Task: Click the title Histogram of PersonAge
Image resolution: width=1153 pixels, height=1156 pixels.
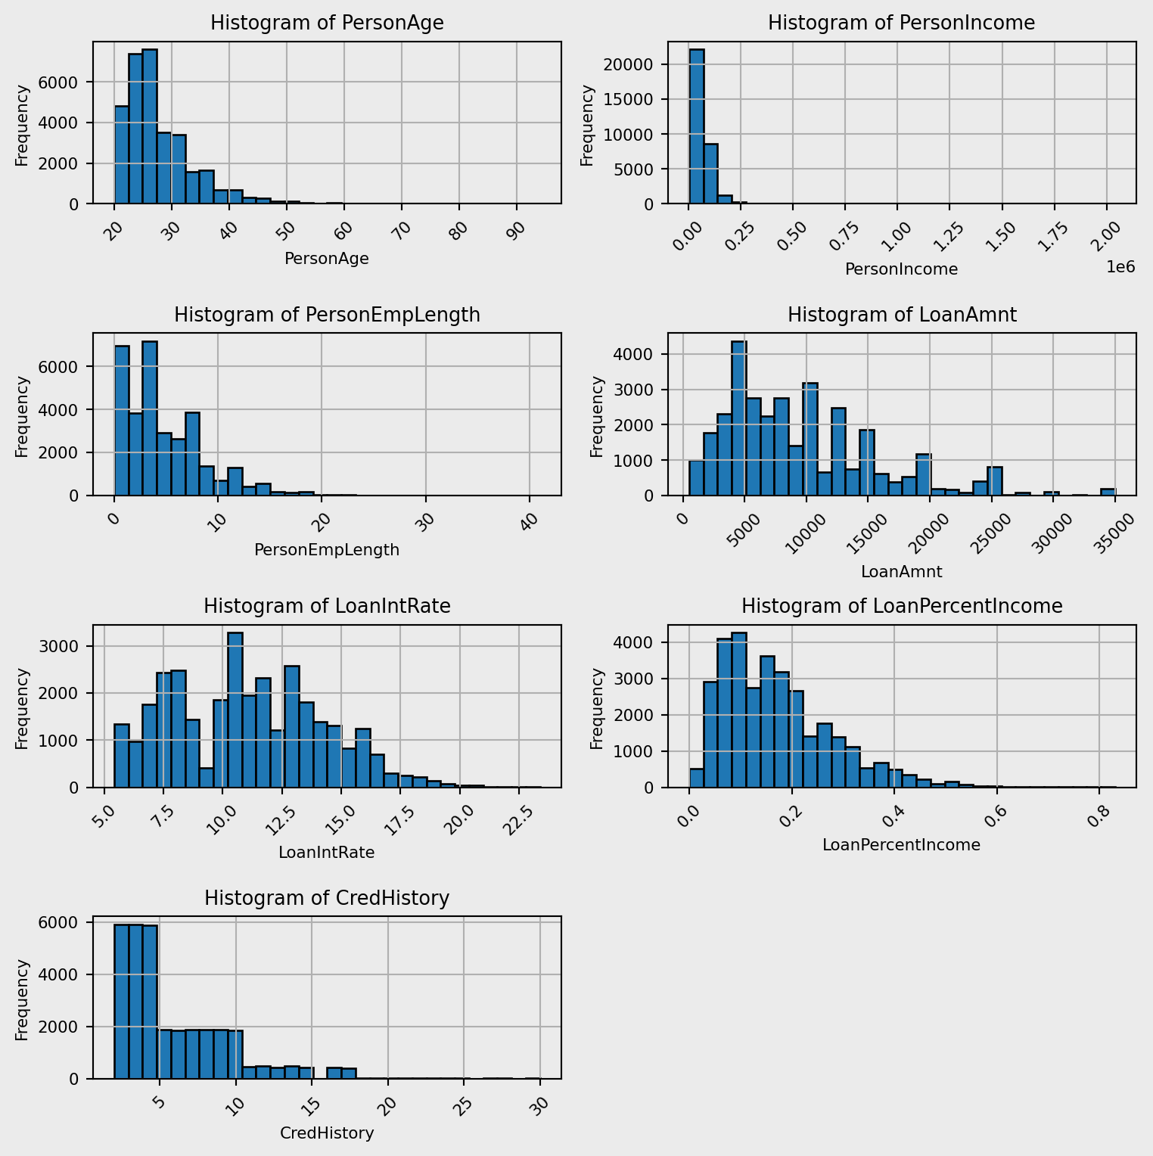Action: (327, 23)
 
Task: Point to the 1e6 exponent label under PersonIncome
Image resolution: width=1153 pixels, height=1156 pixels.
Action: (1120, 266)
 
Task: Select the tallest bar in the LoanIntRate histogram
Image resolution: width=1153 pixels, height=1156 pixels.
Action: (235, 710)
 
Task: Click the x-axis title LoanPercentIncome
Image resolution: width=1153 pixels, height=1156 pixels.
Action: (901, 845)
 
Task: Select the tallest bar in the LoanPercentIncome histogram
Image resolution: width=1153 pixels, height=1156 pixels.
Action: (739, 710)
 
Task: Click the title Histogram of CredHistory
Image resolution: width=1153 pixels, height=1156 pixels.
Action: (327, 898)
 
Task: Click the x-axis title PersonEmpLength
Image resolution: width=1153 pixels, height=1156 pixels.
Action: (327, 550)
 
